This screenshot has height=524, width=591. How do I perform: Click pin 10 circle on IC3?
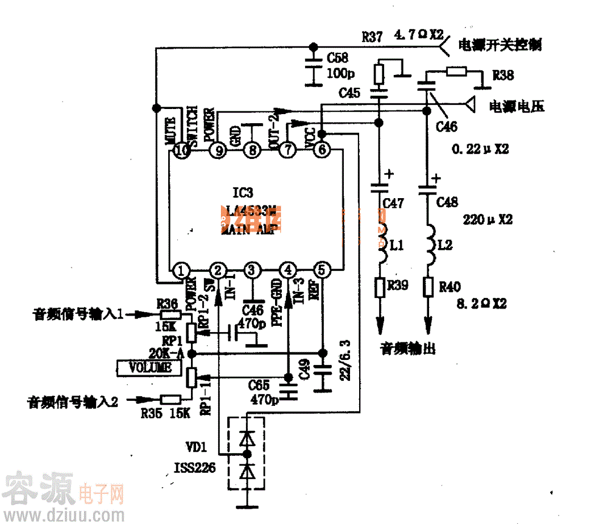182,151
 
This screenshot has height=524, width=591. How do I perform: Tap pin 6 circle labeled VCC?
322,151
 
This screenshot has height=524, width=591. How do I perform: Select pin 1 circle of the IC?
182,270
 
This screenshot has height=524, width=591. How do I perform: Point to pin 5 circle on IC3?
322,270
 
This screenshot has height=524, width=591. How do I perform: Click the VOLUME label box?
150,368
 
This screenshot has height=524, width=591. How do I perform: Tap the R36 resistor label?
168,303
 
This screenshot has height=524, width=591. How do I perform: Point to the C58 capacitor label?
338,58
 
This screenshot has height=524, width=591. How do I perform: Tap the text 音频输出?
407,349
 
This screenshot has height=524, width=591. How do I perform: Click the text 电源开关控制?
500,45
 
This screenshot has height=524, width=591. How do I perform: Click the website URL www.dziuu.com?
62,514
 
